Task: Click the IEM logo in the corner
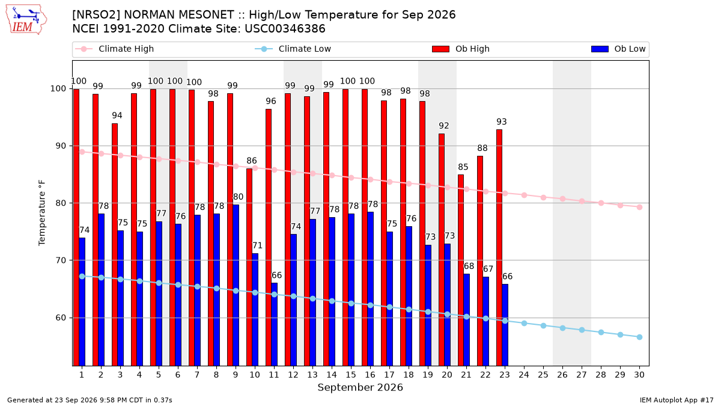click(26, 20)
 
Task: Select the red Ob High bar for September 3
click(115, 245)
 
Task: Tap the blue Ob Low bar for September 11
click(274, 324)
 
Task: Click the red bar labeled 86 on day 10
click(249, 267)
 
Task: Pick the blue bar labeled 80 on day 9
click(236, 285)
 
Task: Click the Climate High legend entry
click(114, 49)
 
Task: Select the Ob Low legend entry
click(618, 49)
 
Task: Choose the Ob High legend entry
click(461, 49)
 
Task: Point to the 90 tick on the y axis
click(61, 146)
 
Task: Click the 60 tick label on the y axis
click(61, 318)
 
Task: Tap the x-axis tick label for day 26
click(562, 375)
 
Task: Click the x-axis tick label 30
click(639, 375)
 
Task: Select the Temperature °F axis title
click(42, 213)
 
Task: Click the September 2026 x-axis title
click(360, 387)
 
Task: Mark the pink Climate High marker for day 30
click(639, 207)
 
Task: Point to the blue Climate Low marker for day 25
click(543, 326)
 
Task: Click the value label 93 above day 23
click(502, 121)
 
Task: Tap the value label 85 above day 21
click(463, 167)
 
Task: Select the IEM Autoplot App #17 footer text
click(677, 400)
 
